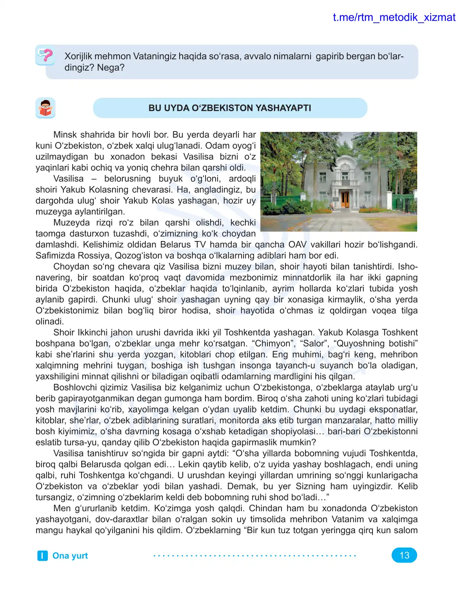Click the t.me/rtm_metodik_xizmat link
[x=394, y=18]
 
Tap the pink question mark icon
[x=46, y=55]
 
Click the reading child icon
[x=45, y=108]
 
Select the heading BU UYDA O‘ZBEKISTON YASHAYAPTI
[x=230, y=108]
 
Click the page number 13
[x=404, y=555]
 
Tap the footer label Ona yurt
[x=70, y=555]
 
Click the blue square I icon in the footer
[x=42, y=555]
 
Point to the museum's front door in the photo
[x=345, y=199]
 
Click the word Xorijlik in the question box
[x=78, y=56]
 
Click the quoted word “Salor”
[x=314, y=343]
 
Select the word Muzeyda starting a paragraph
[x=71, y=223]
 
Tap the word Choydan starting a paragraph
[x=70, y=267]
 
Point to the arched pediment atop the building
[x=344, y=161]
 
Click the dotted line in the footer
[x=254, y=555]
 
